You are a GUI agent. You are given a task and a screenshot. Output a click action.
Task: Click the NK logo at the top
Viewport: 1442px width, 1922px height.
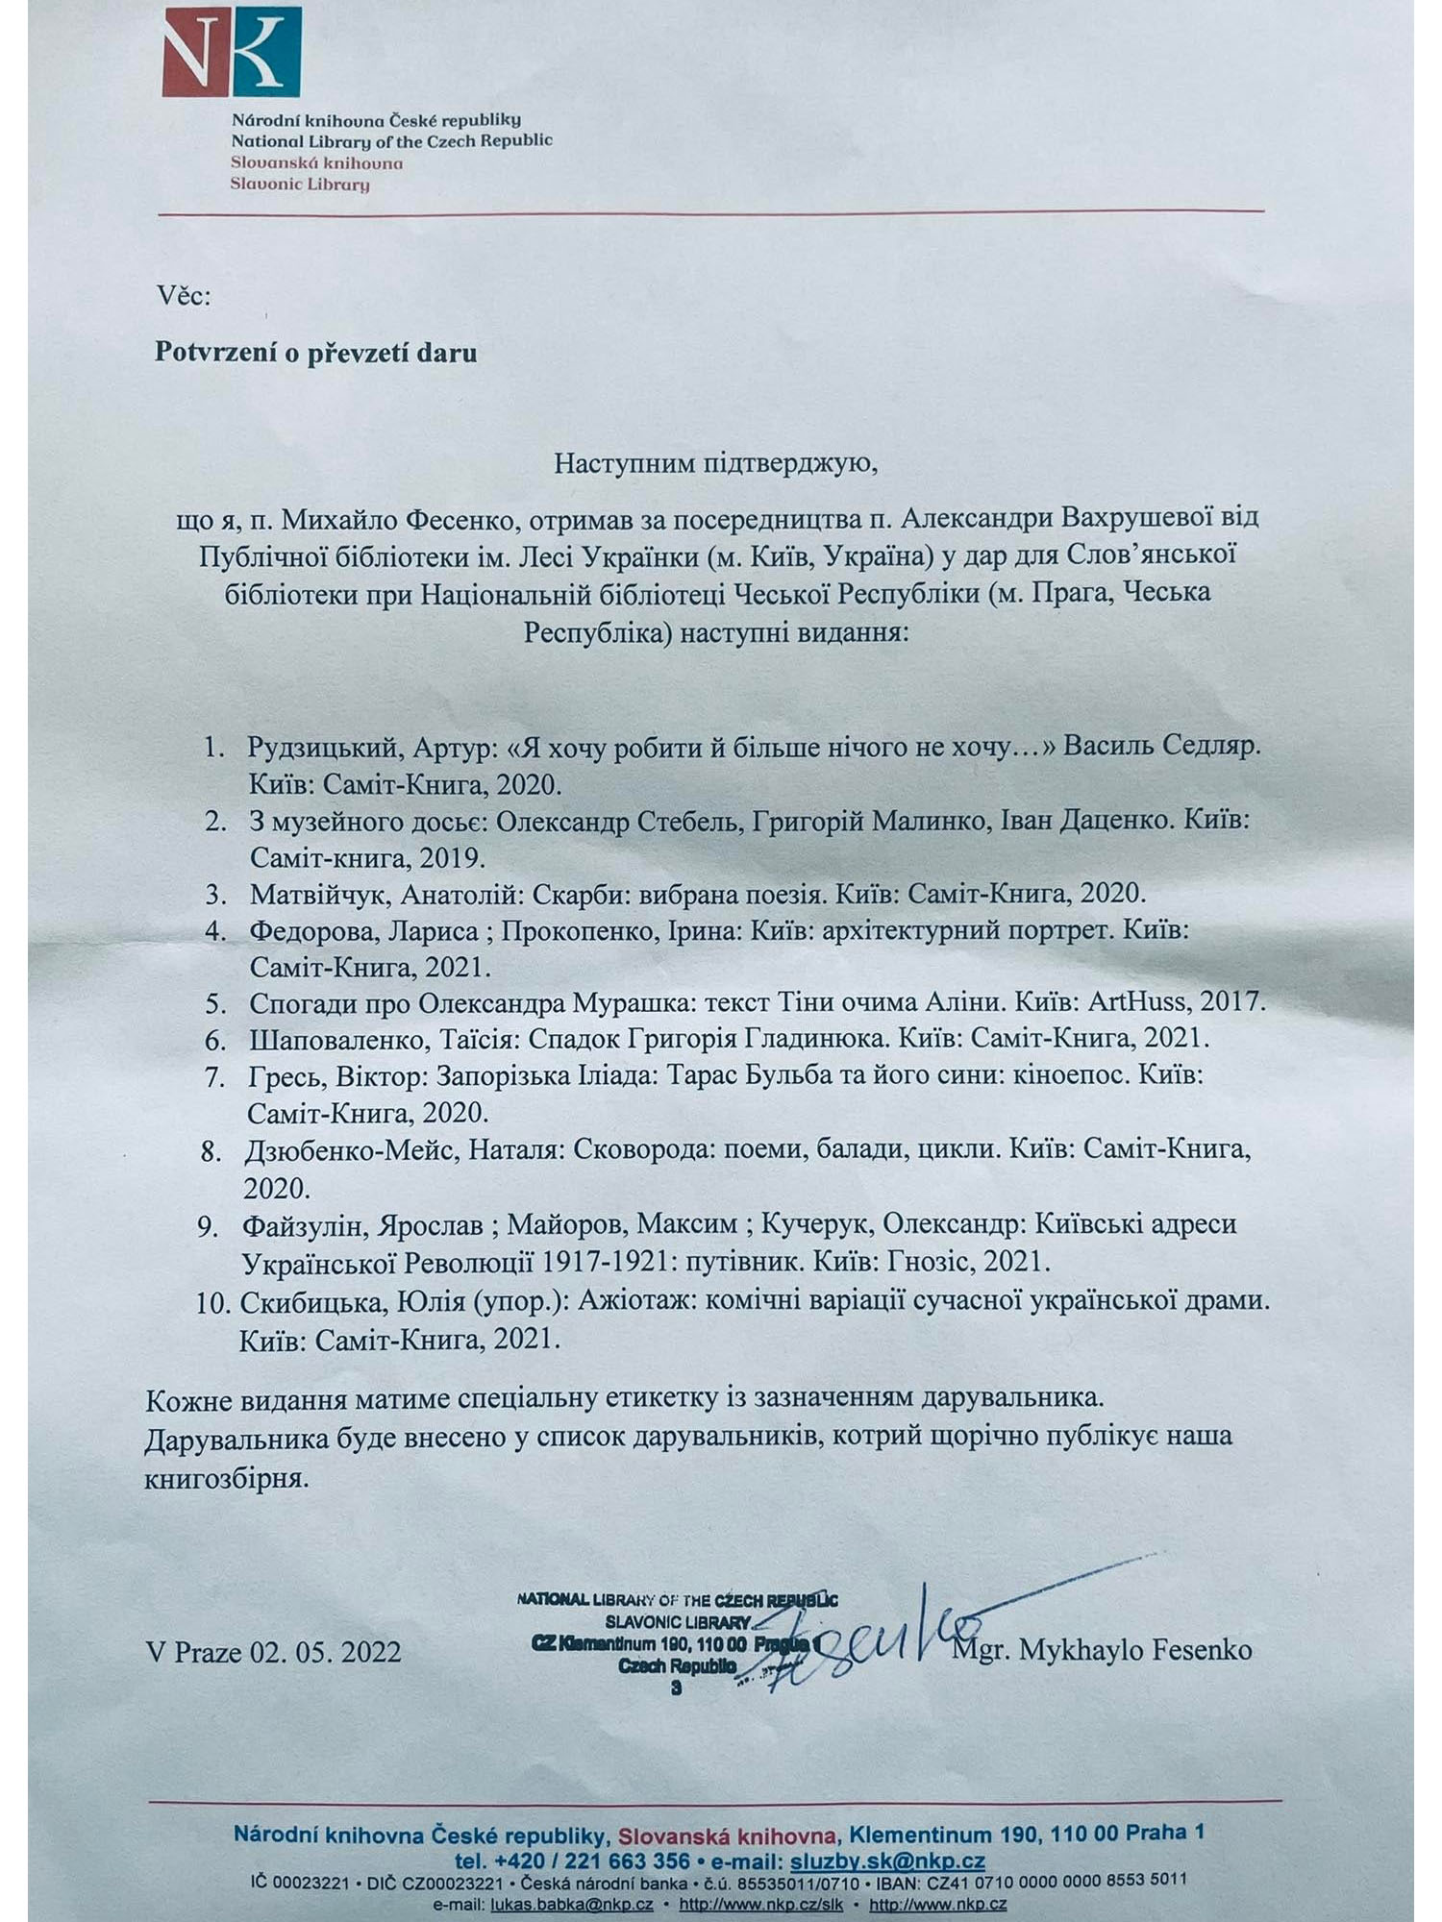click(231, 55)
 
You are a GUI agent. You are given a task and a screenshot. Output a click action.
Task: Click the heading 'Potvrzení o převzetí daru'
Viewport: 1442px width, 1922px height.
click(316, 353)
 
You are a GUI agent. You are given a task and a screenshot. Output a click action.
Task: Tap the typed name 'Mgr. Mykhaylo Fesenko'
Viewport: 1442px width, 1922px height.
click(1102, 1650)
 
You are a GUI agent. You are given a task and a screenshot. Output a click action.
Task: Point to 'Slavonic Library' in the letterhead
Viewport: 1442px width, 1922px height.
click(300, 185)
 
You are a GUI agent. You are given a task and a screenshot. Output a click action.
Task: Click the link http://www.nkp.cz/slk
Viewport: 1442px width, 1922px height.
click(760, 1904)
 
